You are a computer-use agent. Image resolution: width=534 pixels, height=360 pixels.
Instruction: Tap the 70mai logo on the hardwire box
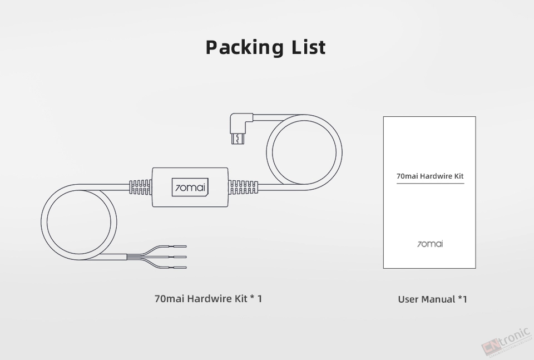(190, 188)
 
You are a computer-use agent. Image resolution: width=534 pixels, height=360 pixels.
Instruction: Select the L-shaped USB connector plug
(241, 129)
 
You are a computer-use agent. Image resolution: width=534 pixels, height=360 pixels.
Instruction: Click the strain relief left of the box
(141, 188)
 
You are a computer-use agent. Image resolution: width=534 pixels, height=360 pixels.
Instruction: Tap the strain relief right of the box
(243, 188)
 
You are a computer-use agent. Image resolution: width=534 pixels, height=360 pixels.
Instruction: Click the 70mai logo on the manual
(430, 244)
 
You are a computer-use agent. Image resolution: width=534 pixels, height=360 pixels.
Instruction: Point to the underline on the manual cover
(430, 183)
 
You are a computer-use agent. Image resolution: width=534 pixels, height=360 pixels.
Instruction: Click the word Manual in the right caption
(438, 299)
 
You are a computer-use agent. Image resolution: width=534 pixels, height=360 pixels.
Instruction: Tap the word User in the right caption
(409, 299)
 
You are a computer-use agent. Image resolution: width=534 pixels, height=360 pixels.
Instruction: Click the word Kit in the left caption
(241, 299)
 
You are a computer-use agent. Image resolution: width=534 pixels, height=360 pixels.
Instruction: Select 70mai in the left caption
(170, 299)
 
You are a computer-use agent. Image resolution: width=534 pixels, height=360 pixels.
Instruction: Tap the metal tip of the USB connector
(238, 139)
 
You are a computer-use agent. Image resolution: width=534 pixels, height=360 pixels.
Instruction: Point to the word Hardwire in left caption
(210, 299)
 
